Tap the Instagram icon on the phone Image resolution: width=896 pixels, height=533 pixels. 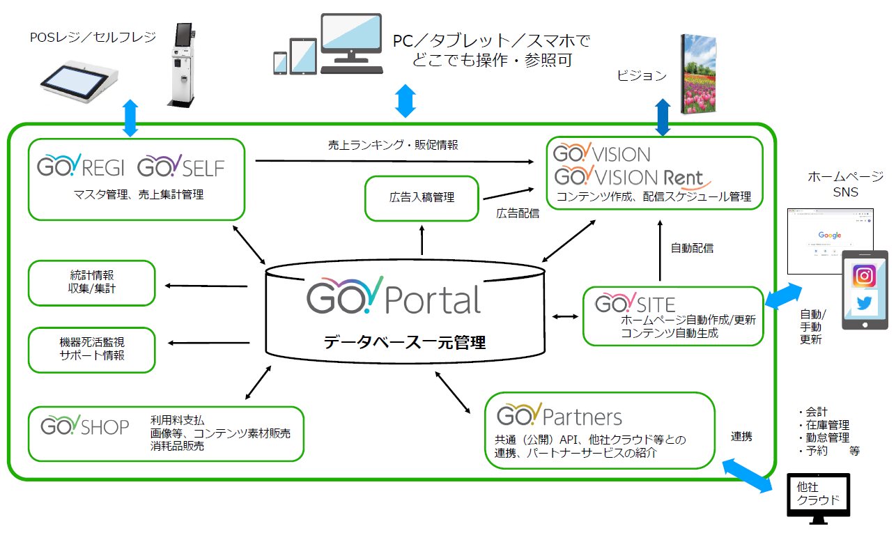coord(864,276)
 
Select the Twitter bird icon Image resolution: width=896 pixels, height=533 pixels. coord(864,303)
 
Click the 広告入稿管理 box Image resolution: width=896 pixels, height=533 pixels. coord(422,198)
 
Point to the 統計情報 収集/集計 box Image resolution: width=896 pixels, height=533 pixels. coord(91,282)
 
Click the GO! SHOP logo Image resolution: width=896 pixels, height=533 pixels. coord(85,426)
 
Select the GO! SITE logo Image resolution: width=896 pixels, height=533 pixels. coord(635,304)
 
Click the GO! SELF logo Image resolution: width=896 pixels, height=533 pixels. coord(181,167)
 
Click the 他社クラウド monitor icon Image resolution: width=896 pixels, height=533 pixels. coord(818,496)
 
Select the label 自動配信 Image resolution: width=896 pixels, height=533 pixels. coord(692,247)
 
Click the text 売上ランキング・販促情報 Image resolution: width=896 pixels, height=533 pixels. coord(393,146)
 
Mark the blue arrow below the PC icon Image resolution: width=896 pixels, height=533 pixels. coord(405,102)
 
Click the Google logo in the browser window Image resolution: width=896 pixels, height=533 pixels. coord(830,235)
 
